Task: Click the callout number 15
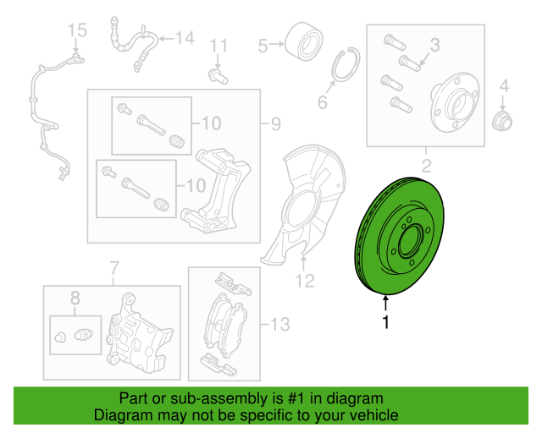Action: pyautogui.click(x=77, y=30)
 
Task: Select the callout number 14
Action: pyautogui.click(x=185, y=38)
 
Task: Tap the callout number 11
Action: pyautogui.click(x=218, y=46)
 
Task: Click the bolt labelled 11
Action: pyautogui.click(x=218, y=76)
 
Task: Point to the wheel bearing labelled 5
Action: pyautogui.click(x=304, y=41)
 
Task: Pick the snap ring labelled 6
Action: pyautogui.click(x=346, y=64)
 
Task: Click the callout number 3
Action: pyautogui.click(x=434, y=45)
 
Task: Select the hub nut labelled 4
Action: pyautogui.click(x=502, y=121)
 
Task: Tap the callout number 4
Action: pyautogui.click(x=505, y=85)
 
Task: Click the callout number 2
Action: pyautogui.click(x=427, y=166)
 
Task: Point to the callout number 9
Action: pyautogui.click(x=276, y=123)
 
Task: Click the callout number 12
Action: pyautogui.click(x=305, y=281)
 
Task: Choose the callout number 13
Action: pyautogui.click(x=280, y=325)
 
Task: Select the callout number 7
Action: pyautogui.click(x=114, y=268)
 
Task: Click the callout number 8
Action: pyautogui.click(x=75, y=298)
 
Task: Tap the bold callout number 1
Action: pyautogui.click(x=386, y=322)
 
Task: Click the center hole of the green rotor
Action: pyautogui.click(x=411, y=240)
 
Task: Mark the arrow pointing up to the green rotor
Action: pyautogui.click(x=386, y=304)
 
